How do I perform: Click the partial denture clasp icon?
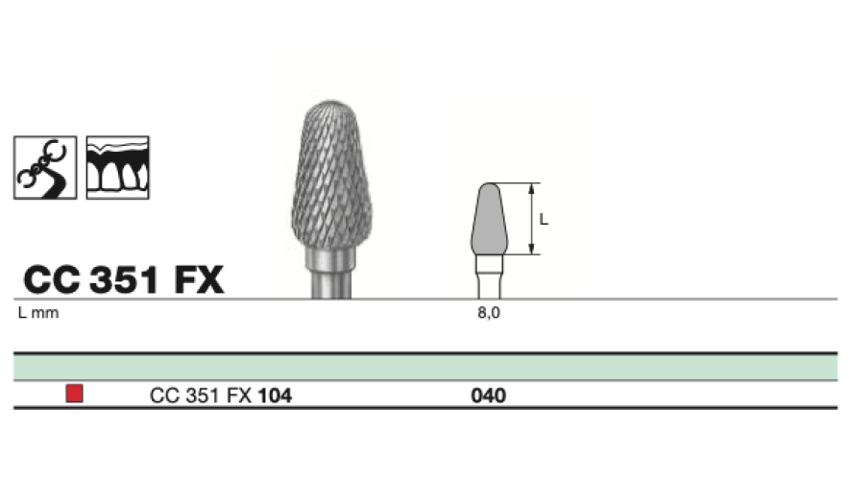[x=45, y=168]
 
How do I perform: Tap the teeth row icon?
[x=117, y=168]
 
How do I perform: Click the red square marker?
[x=74, y=394]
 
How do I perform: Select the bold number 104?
[x=275, y=396]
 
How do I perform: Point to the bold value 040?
[x=489, y=396]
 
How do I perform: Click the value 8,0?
[x=489, y=313]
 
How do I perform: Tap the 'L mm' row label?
[x=38, y=313]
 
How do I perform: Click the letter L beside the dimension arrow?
[x=544, y=219]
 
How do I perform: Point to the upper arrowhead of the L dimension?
[x=532, y=188]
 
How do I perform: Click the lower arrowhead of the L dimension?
[x=532, y=250]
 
